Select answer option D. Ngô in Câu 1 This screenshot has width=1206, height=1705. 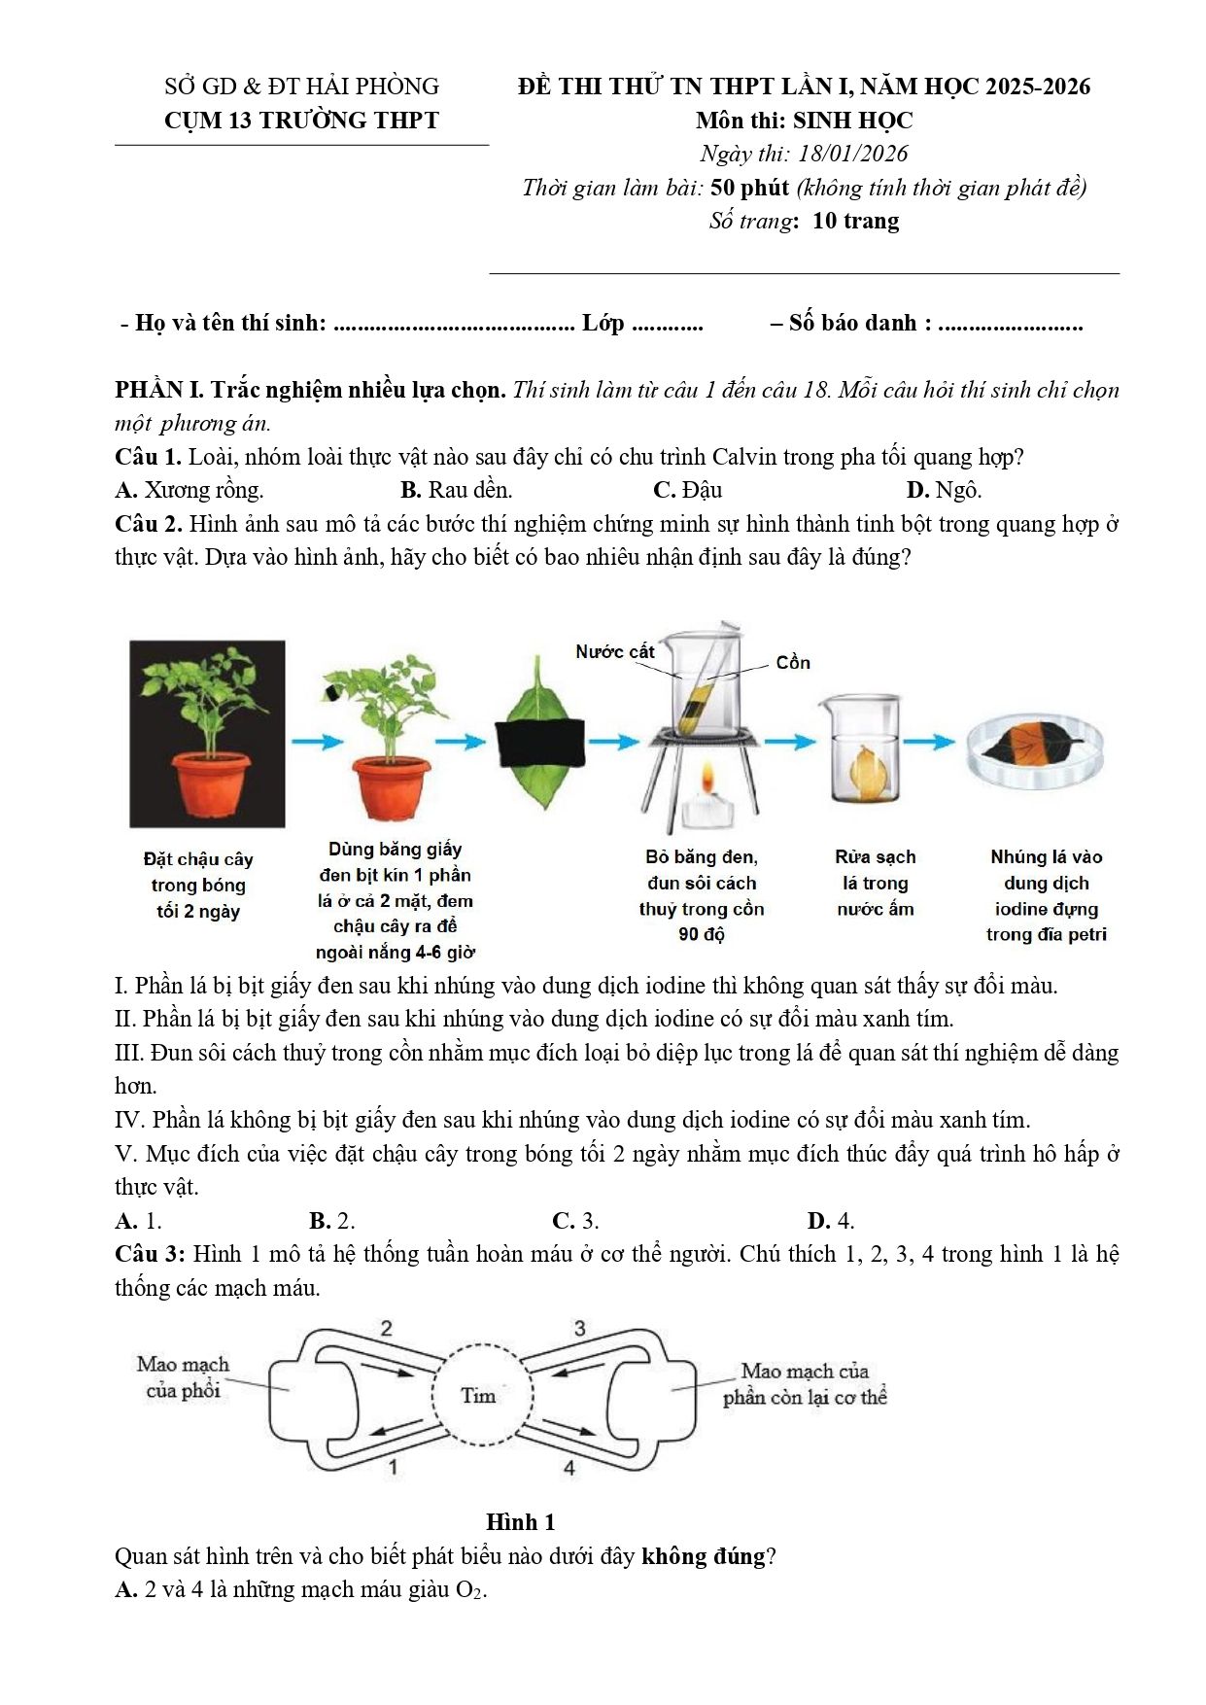pos(944,490)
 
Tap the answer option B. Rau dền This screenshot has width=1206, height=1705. pos(456,490)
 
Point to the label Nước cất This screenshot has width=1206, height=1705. pos(614,652)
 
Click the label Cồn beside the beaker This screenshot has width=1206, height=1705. pos(793,663)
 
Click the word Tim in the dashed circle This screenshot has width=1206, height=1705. pos(478,1396)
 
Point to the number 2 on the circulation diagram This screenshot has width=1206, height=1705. pos(386,1329)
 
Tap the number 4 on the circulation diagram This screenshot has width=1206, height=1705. pos(569,1468)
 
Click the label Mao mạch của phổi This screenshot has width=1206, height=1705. pos(183,1377)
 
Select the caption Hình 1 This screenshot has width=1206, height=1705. pos(520,1522)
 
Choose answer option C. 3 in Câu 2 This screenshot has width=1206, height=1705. pos(575,1221)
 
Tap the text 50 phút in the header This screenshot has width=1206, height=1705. pos(749,188)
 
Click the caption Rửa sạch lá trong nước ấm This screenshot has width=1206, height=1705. pos(875,883)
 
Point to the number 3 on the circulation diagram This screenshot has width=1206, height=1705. pos(580,1329)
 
